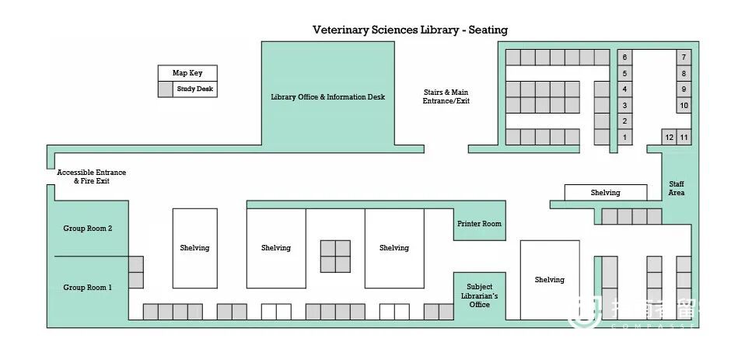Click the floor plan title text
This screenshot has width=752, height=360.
410,30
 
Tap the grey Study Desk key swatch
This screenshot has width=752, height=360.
165,89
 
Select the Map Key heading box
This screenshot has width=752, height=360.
187,73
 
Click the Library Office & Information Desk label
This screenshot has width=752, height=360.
327,97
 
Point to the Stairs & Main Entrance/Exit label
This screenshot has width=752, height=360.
446,96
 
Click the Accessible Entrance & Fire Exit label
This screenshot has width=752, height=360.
91,177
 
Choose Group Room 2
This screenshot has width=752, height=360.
88,229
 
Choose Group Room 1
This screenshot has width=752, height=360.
87,288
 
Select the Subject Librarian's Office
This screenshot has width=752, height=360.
479,295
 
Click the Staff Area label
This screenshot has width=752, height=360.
677,188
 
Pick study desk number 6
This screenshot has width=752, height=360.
624,58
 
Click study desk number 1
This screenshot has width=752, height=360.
624,138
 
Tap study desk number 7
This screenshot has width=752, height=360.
684,58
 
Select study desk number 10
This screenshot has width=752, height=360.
684,105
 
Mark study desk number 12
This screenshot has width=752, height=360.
669,138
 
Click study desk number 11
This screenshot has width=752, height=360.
684,138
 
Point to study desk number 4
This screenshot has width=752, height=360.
624,89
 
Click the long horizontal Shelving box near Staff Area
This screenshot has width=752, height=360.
605,192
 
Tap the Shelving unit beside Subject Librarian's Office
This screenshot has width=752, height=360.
549,279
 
